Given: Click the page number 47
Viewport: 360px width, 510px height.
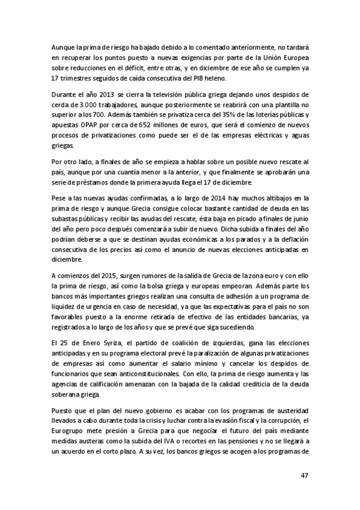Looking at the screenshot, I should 304,475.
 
